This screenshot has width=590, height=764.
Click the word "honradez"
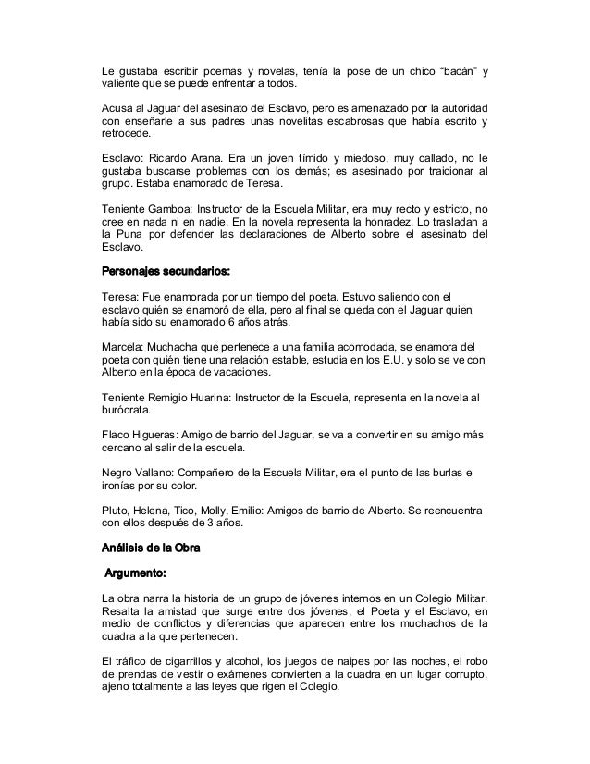pos(416,223)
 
